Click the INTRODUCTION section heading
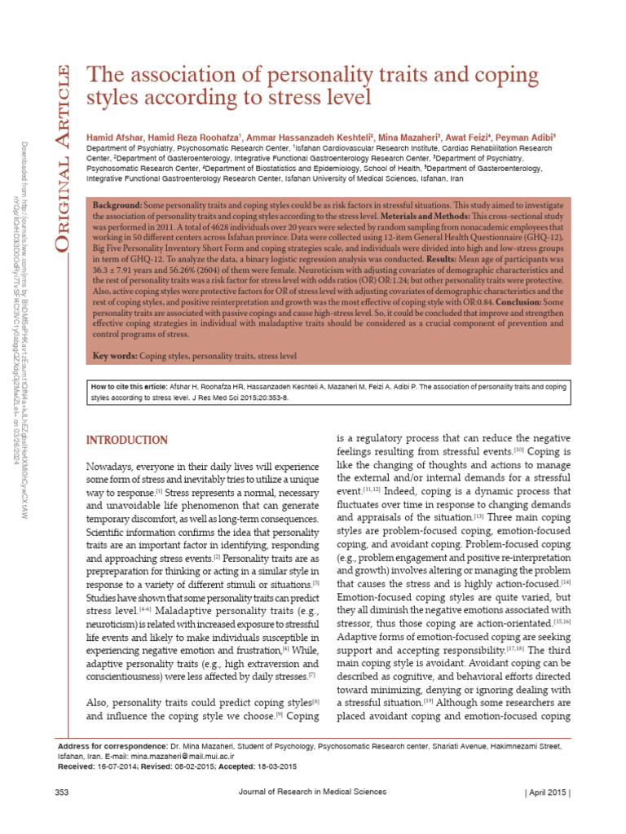click(127, 441)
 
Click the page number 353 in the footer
click(61, 792)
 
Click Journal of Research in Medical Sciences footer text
click(312, 792)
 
